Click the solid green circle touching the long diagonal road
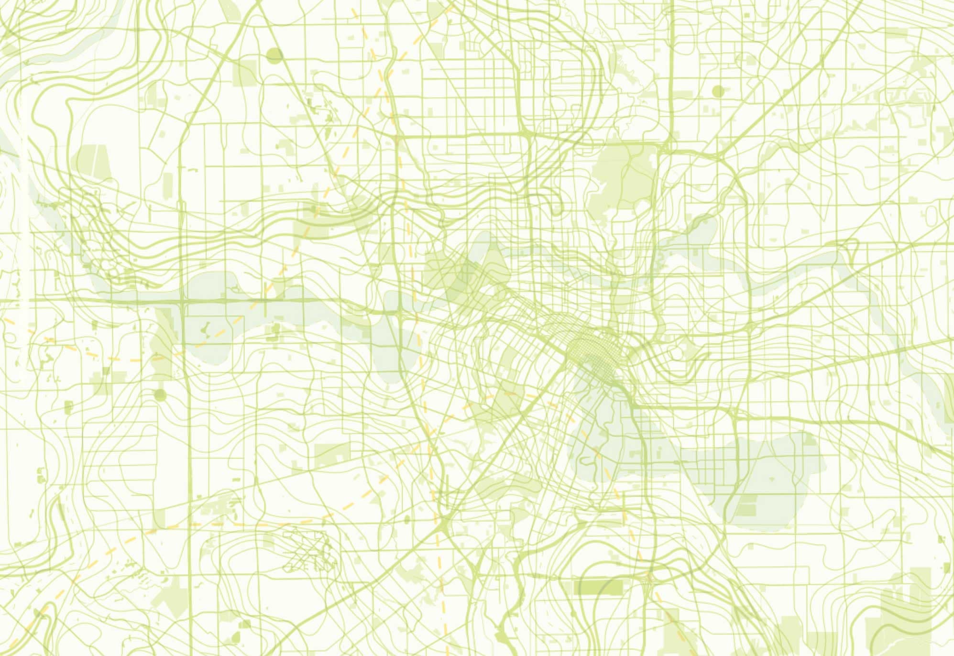pyautogui.click(x=274, y=55)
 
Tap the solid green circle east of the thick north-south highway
pyautogui.click(x=718, y=91)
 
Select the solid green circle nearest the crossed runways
pyautogui.click(x=160, y=395)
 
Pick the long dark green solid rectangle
pyautogui.click(x=602, y=587)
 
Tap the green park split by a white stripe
pyautogui.click(x=94, y=163)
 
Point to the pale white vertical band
pyautogui.click(x=24, y=191)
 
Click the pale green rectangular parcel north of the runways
pyautogui.click(x=332, y=454)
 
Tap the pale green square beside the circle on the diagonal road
pyautogui.click(x=245, y=72)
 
